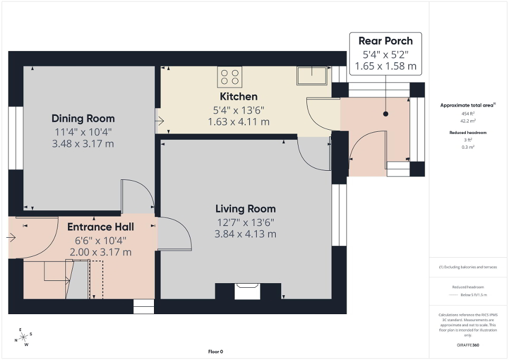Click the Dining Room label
[x=83, y=119]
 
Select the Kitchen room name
[x=238, y=96]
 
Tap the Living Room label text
[x=245, y=209]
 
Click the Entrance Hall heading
[x=100, y=227]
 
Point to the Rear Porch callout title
[x=386, y=41]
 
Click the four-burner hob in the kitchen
[x=229, y=76]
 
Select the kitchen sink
[x=312, y=75]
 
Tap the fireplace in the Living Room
[x=247, y=290]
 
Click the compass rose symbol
[x=23, y=337]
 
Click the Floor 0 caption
[x=215, y=352]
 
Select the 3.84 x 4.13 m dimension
[x=245, y=234]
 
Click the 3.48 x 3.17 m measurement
[x=83, y=143]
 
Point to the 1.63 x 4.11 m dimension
[x=238, y=122]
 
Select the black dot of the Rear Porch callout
[x=386, y=113]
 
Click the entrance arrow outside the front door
[x=11, y=238]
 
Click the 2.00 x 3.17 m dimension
[x=100, y=252]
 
